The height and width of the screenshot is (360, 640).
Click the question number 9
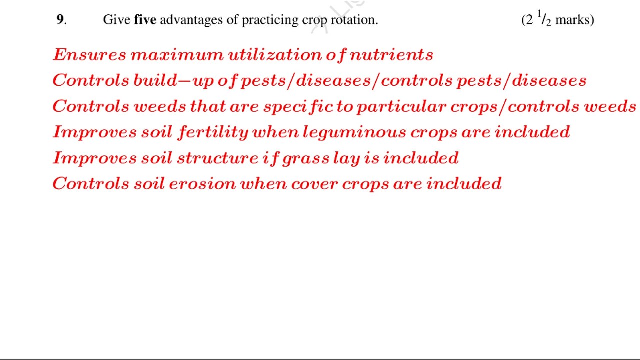point(60,20)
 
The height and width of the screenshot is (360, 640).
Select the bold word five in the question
point(145,20)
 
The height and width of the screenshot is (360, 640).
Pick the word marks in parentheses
point(574,20)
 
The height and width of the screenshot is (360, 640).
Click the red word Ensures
point(89,55)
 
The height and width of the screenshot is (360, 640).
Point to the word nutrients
point(391,55)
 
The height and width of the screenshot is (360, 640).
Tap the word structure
point(218,158)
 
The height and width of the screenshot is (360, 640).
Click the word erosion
point(202,184)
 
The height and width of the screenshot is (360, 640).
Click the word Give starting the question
point(117,20)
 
